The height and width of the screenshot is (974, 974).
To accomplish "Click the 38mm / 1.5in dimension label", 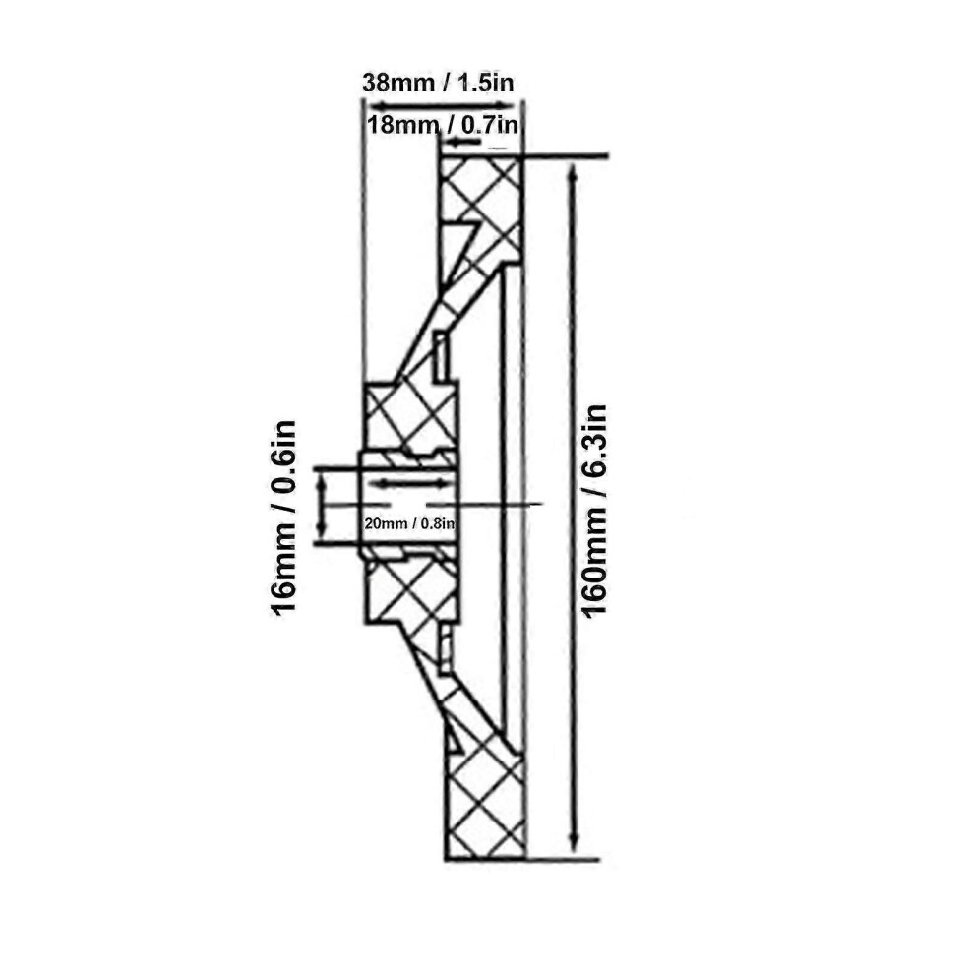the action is pos(438,82).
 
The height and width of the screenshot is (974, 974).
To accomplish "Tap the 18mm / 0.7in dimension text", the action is pos(443,125).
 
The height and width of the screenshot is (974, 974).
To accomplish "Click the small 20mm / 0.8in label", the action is pos(410,523).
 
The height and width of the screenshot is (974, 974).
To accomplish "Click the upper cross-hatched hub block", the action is pos(411,416).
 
